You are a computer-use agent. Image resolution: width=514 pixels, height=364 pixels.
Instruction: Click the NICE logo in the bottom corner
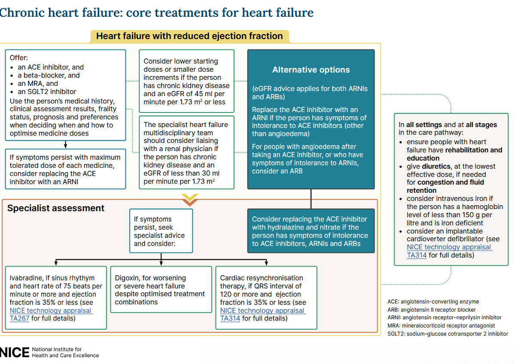pos(15,352)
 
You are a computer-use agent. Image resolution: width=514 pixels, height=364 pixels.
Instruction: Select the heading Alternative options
pos(311,70)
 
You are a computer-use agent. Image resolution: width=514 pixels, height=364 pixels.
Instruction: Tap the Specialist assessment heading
pos(56,208)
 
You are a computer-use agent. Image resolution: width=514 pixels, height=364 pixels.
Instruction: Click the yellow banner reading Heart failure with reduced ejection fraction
pos(189,36)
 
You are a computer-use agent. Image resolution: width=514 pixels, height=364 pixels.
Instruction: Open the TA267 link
pos(19,318)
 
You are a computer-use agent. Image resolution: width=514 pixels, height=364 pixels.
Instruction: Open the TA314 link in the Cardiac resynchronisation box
pos(230,318)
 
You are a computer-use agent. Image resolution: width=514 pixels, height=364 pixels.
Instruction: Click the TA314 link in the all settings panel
pos(417,255)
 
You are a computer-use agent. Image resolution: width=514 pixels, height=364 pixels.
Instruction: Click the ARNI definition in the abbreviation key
pos(444,318)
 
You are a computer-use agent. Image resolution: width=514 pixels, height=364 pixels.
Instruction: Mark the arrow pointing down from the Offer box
pos(65,145)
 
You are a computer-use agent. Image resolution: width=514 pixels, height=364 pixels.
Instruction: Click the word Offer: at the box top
pos(19,58)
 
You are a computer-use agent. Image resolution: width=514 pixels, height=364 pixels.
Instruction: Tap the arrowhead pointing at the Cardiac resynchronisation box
pos(267,263)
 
